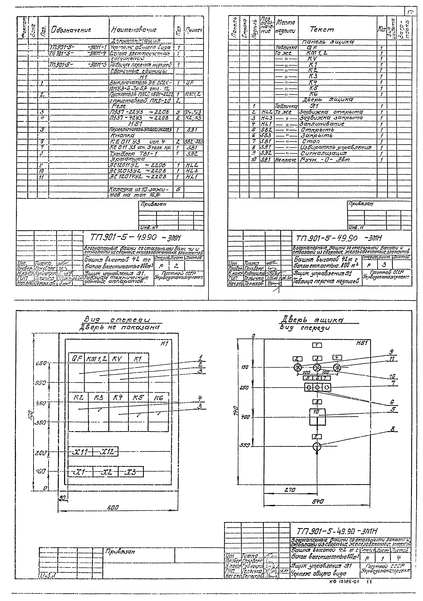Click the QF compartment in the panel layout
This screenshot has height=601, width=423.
click(x=76, y=372)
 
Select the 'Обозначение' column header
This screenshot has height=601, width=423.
click(x=71, y=29)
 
